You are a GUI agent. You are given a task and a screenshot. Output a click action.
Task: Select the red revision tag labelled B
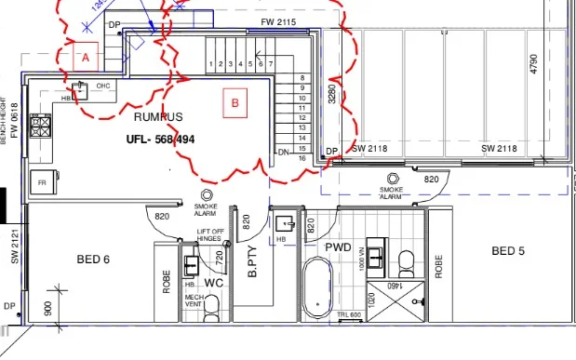tap(234, 104)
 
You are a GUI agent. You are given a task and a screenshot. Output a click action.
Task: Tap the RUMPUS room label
tap(158, 117)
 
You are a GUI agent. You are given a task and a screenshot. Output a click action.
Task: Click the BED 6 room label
tap(93, 260)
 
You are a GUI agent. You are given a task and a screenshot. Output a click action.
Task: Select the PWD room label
tap(338, 247)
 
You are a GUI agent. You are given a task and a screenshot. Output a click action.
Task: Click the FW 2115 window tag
tap(278, 21)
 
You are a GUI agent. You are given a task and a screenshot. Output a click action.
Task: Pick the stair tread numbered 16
tap(301, 158)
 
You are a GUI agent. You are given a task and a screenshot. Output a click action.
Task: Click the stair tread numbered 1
tap(212, 64)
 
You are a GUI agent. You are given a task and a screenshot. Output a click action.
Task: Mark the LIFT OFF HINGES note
tap(210, 234)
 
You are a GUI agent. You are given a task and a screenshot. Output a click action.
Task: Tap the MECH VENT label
tap(194, 300)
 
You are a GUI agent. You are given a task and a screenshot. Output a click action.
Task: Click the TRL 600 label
tap(348, 315)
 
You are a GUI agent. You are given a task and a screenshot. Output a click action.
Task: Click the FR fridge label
tap(42, 183)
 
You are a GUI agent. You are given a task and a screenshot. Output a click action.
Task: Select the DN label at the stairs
tap(283, 152)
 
